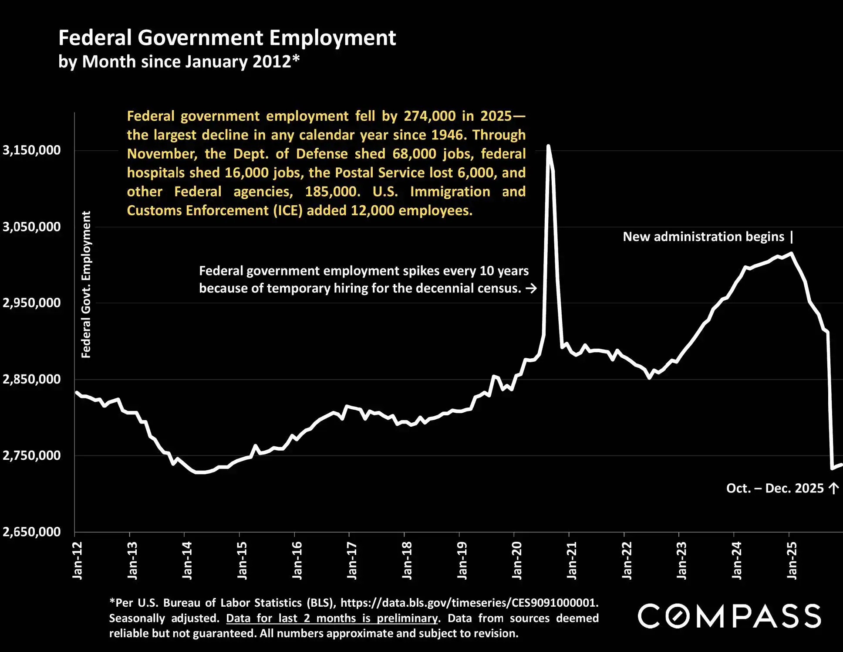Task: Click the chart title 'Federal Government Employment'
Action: [227, 38]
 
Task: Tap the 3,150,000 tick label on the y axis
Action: [32, 150]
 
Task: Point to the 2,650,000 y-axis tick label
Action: [32, 532]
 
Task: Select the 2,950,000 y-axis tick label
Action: [32, 303]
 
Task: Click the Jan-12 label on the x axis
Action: [78, 560]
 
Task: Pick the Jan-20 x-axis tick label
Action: [517, 560]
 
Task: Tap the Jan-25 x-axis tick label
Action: [792, 560]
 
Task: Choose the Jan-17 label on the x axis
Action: [352, 560]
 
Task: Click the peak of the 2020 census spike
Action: [548, 146]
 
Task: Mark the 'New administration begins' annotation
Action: [703, 237]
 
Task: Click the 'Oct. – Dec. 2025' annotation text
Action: [775, 488]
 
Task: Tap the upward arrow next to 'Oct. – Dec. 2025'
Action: [833, 488]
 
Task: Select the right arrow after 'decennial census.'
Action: [531, 289]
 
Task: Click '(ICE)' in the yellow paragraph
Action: [288, 211]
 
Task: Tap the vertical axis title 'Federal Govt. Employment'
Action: [86, 285]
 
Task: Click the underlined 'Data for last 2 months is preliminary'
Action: [332, 618]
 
